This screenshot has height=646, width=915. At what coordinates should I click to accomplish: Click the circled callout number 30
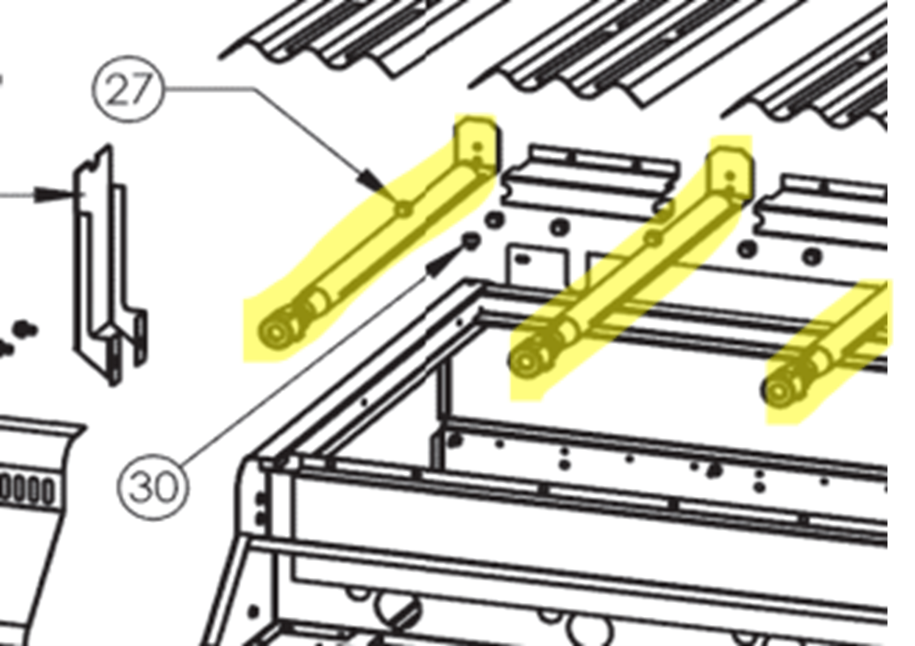click(x=153, y=486)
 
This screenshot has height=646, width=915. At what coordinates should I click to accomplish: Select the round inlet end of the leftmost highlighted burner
click(x=274, y=333)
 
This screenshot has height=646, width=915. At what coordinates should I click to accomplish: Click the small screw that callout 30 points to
click(x=470, y=240)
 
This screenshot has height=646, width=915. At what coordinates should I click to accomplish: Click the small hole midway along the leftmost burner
click(x=404, y=209)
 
